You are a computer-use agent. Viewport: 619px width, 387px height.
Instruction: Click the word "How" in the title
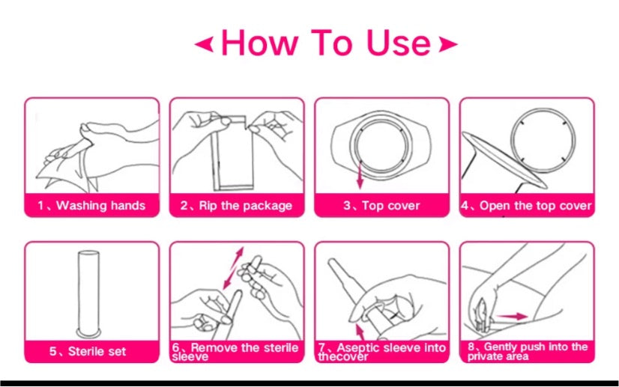click(259, 43)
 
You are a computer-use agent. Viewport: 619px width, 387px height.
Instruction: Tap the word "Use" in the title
click(399, 43)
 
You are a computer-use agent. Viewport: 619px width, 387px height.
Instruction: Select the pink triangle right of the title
click(448, 45)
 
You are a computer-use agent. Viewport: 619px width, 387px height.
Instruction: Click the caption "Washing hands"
click(100, 206)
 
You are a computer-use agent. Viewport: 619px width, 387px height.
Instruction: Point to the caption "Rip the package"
click(246, 206)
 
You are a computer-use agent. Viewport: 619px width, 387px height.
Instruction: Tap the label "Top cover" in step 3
click(391, 206)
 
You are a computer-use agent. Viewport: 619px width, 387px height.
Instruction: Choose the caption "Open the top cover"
click(535, 206)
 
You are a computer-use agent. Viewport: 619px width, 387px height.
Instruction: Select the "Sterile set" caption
click(97, 351)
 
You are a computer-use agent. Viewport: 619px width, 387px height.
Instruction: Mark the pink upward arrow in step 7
click(360, 332)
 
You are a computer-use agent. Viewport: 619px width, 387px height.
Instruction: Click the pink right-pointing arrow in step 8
click(512, 316)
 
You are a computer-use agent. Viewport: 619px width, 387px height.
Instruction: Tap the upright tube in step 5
click(88, 294)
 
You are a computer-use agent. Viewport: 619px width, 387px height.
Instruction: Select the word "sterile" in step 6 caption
click(281, 347)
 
